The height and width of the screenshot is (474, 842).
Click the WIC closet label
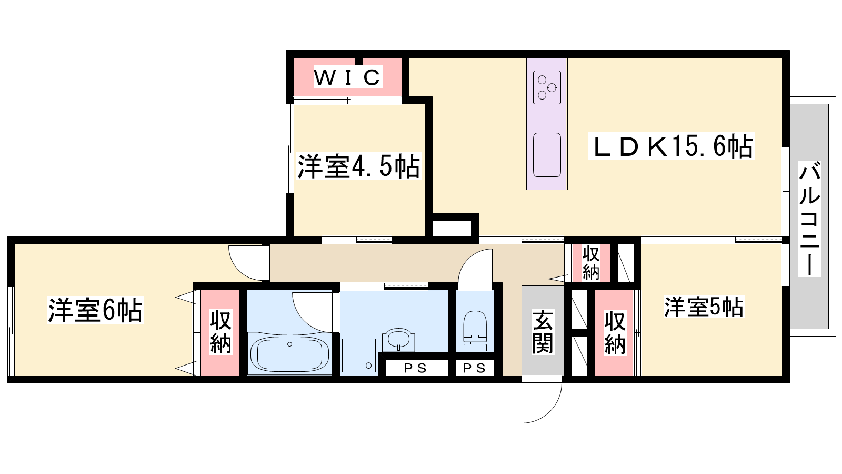tap(348, 77)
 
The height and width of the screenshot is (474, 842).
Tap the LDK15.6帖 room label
tap(671, 146)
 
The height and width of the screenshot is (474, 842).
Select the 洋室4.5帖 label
tap(358, 166)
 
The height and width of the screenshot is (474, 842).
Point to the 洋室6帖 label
tap(95, 310)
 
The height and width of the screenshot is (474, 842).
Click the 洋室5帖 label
tap(704, 307)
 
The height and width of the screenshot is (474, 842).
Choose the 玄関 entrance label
tap(543, 332)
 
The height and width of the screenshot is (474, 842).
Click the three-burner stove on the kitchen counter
tap(547, 87)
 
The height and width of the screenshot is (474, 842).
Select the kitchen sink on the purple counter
tap(547, 155)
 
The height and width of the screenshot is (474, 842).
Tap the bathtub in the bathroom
tap(289, 353)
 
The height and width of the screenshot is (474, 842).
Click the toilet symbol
tap(475, 331)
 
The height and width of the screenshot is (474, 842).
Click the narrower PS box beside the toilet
tap(475, 368)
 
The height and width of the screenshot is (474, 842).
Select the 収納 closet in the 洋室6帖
tap(220, 332)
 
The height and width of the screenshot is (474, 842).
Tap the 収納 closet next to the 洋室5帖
tap(614, 332)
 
